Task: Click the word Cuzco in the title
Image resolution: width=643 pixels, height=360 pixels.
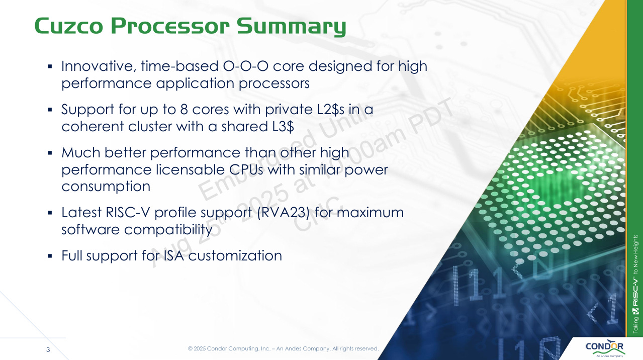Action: tap(68, 26)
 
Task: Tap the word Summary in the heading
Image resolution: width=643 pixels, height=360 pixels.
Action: tap(292, 27)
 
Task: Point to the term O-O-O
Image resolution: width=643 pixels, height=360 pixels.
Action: tap(246, 66)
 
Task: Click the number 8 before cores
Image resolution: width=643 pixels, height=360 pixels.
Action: tap(184, 110)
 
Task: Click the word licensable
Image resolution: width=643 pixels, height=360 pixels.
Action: tap(191, 169)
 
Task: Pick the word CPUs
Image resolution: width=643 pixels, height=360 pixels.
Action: tap(246, 169)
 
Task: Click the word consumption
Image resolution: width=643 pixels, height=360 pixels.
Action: tap(106, 187)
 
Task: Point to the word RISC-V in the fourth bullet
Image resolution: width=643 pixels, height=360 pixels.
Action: tap(128, 213)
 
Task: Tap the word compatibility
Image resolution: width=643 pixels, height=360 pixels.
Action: tap(168, 230)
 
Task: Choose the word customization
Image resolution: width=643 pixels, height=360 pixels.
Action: tap(235, 256)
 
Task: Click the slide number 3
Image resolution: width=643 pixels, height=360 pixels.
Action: tap(48, 349)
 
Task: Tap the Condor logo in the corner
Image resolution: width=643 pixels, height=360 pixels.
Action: tap(604, 348)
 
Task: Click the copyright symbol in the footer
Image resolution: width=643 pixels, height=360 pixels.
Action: tap(190, 348)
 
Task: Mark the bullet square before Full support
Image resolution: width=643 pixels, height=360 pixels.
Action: tap(50, 256)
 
